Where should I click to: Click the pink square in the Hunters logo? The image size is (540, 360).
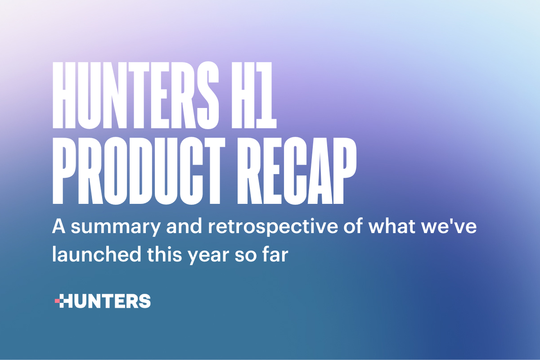pos(57,300)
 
